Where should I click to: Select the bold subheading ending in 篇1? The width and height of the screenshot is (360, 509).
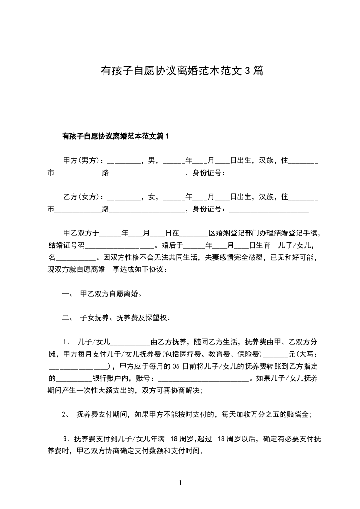[x=115, y=136]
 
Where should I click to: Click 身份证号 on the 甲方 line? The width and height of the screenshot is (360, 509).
[x=207, y=172]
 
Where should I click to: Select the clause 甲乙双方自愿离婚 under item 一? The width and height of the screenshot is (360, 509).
[x=110, y=294]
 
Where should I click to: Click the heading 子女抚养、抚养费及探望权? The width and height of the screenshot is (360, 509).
[x=125, y=318]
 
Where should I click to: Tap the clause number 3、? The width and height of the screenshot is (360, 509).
[x=68, y=439]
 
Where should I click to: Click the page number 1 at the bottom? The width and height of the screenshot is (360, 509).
[x=180, y=484]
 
